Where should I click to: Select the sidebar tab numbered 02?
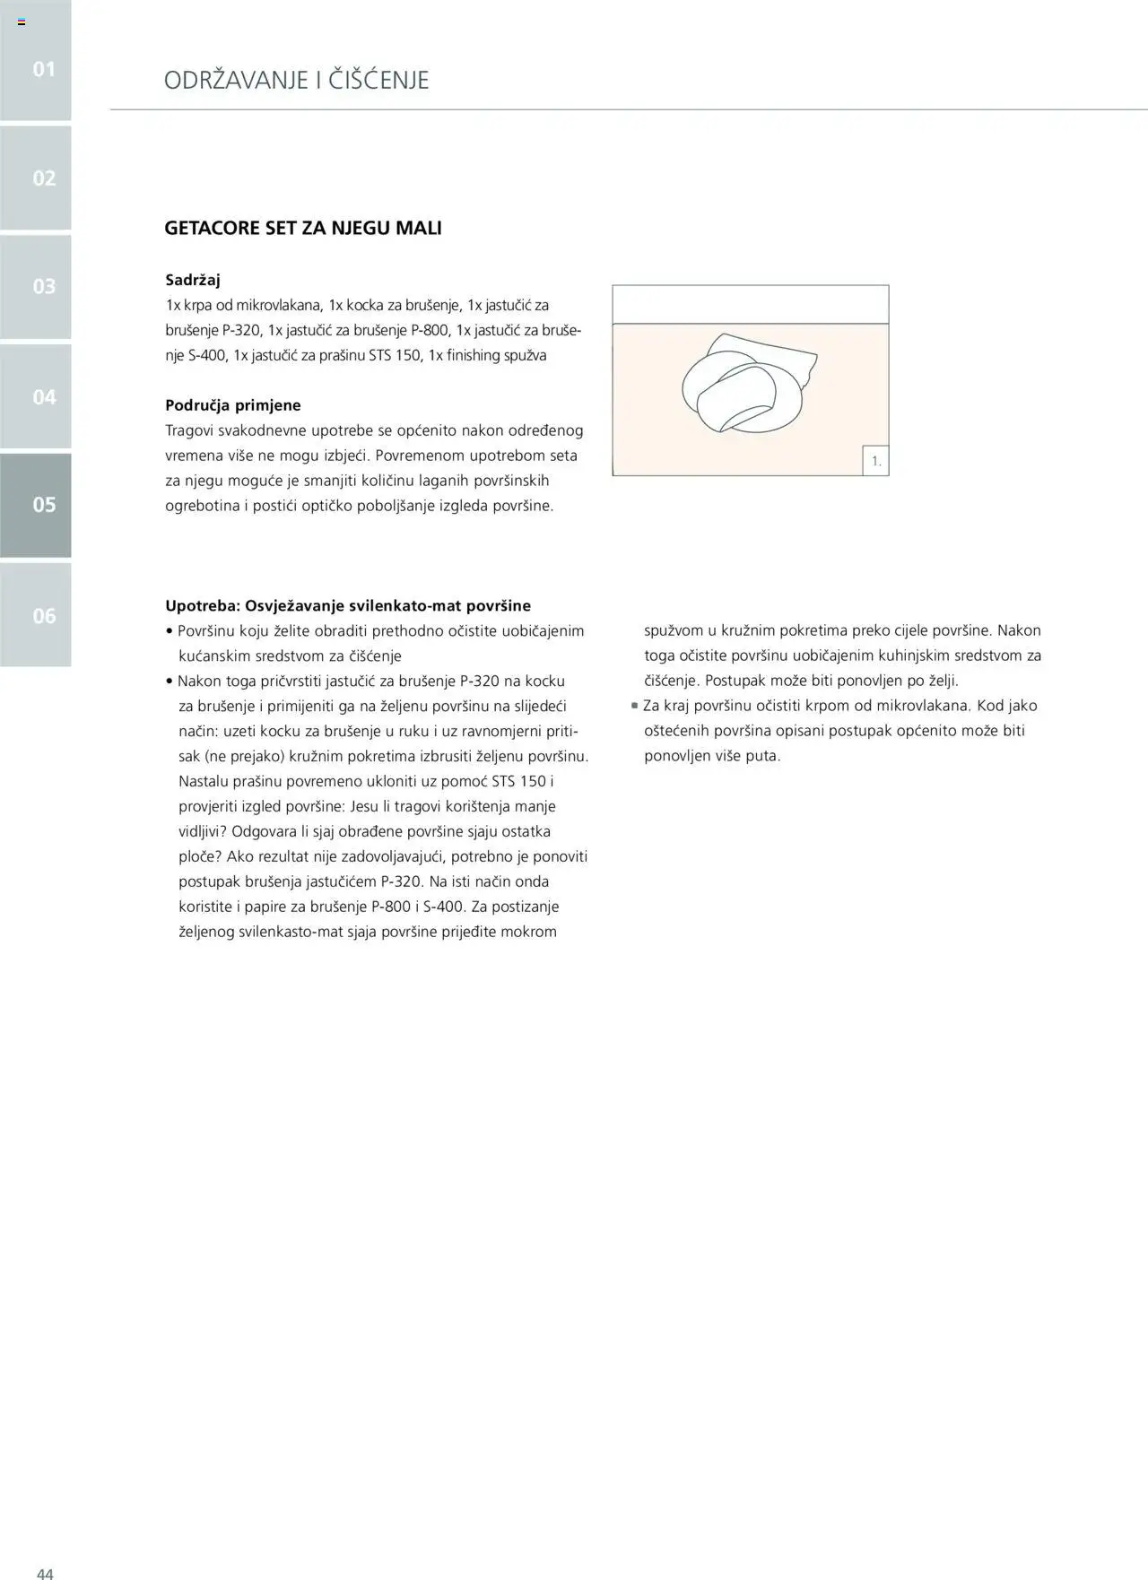(36, 178)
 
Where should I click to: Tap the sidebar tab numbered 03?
(36, 286)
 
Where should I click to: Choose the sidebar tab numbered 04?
(36, 396)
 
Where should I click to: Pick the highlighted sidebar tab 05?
(36, 505)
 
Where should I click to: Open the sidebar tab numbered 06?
(36, 615)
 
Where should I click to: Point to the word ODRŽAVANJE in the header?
(234, 81)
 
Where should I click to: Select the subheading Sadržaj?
(193, 280)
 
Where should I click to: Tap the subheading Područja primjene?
(233, 405)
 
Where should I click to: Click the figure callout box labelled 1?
(875, 461)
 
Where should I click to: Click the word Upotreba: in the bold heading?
(203, 606)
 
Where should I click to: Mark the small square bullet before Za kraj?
(635, 706)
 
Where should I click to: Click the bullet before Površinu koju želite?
(170, 631)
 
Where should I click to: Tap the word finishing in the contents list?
(474, 355)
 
